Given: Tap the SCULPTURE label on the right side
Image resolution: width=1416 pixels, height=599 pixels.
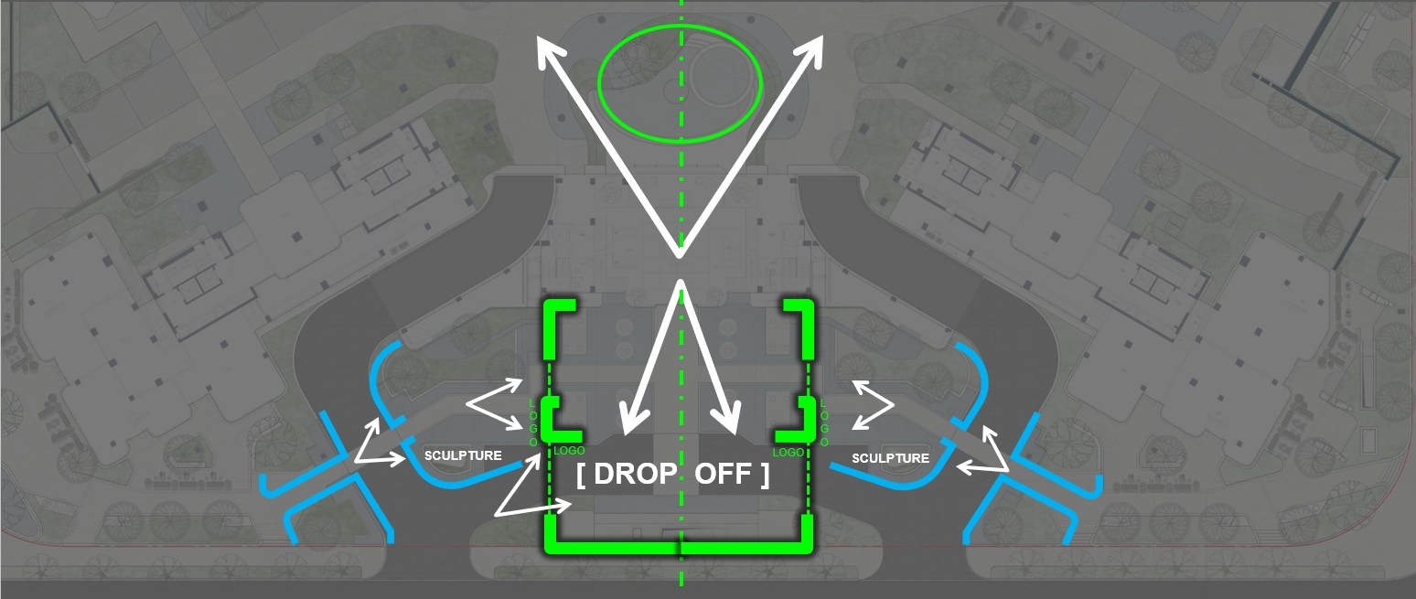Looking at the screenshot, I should coord(890,458).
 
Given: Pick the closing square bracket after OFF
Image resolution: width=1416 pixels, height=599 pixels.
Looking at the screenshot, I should coord(765,475).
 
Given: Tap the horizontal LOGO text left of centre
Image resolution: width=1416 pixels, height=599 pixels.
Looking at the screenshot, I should coord(570,451).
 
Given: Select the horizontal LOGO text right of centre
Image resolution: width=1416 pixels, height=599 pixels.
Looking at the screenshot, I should coord(788,452).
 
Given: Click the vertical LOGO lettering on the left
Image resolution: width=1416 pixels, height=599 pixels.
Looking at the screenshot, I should coord(533,423).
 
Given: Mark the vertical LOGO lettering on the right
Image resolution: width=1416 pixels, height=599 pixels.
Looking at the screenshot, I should coord(824,423).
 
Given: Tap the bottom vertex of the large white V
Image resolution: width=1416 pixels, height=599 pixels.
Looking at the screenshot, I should coord(680,252).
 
